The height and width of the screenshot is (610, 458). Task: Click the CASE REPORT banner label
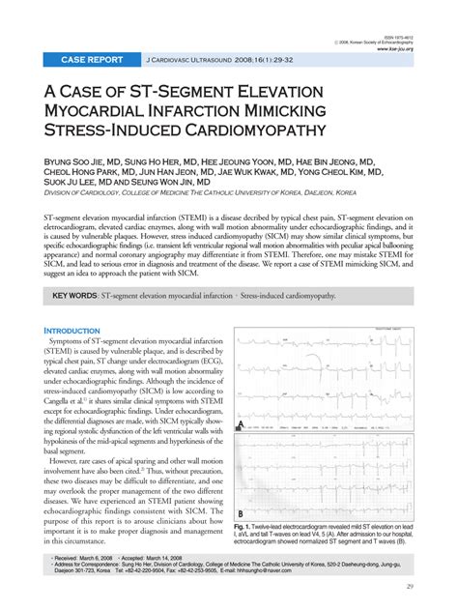92,59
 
